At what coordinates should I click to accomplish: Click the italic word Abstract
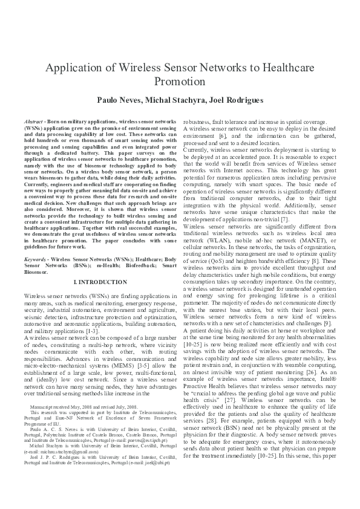point(34,122)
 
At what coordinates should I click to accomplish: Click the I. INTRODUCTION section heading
point(100,282)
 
